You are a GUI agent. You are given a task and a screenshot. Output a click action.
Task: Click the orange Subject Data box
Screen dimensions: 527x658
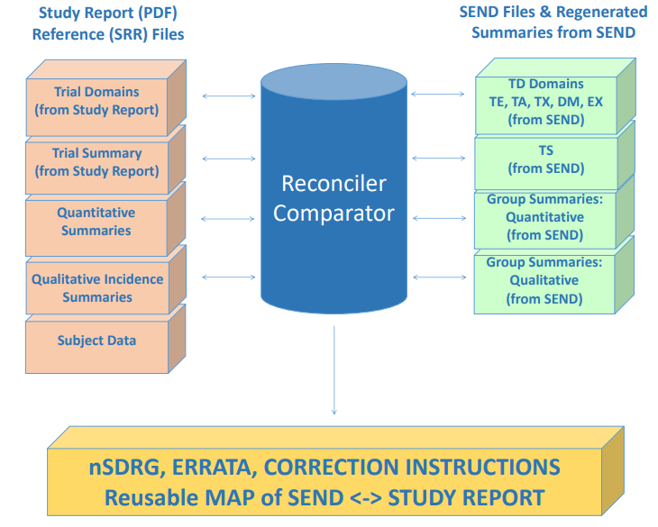tap(96, 341)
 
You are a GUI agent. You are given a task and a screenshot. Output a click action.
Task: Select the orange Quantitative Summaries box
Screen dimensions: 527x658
tap(96, 223)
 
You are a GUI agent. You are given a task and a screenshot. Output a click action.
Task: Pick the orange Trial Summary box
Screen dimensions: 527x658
tap(96, 162)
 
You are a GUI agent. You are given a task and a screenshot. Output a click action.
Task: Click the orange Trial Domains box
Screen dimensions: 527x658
tap(96, 101)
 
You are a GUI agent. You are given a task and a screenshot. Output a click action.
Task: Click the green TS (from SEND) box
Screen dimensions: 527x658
tap(544, 159)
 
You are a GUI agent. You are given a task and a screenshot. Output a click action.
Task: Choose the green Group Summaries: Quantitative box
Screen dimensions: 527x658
tap(544, 217)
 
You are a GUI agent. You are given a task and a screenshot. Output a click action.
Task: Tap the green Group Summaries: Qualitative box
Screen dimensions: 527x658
tap(544, 280)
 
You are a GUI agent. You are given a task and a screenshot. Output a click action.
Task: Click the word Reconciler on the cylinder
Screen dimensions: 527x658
tap(334, 184)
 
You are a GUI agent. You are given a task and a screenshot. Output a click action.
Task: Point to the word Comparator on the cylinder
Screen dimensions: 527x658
tap(334, 214)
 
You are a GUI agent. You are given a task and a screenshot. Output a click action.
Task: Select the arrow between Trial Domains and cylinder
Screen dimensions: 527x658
tap(228, 95)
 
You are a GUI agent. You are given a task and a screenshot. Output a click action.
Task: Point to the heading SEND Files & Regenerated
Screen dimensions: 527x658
tap(553, 12)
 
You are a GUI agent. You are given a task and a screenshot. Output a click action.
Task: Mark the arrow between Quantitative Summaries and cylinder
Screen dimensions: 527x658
tap(228, 218)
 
